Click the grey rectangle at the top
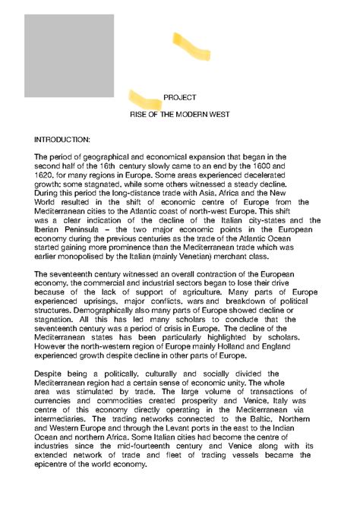pos(69,55)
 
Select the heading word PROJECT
pos(180,98)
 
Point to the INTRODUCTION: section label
pos(62,140)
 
